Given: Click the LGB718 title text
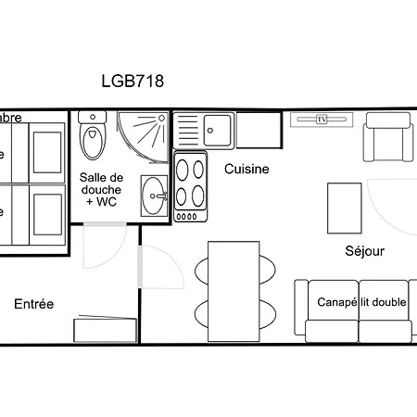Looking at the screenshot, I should pyautogui.click(x=133, y=81).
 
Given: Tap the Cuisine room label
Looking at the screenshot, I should pyautogui.click(x=247, y=169).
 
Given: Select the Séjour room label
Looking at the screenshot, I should pyautogui.click(x=364, y=251).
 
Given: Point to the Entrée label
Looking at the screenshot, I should pyautogui.click(x=34, y=304).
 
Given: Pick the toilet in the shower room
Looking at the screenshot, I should pyautogui.click(x=93, y=138).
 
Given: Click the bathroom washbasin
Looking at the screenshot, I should pyautogui.click(x=156, y=194).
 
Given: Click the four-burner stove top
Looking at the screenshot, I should pyautogui.click(x=190, y=183).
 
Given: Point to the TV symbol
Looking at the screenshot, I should pyautogui.click(x=322, y=119).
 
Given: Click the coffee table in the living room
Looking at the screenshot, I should pyautogui.click(x=345, y=209).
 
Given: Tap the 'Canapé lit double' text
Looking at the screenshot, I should pyautogui.click(x=361, y=302).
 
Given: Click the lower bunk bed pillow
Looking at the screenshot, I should pyautogui.click(x=46, y=211).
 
